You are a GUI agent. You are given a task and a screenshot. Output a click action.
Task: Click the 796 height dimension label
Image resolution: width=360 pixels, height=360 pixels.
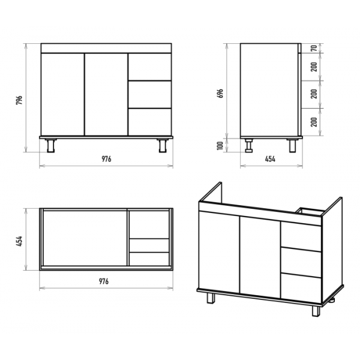tap(19, 100)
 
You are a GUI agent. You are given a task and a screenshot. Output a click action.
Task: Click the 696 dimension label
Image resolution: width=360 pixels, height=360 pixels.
tap(220, 93)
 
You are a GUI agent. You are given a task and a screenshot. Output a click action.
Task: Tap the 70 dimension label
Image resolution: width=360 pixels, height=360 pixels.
tap(314, 48)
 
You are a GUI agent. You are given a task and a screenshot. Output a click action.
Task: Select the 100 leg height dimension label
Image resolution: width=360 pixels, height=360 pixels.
tap(220, 146)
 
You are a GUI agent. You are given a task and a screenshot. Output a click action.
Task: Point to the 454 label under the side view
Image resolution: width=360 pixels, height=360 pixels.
tap(270, 159)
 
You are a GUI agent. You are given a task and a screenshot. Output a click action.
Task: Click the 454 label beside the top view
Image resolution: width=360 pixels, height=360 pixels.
tap(19, 241)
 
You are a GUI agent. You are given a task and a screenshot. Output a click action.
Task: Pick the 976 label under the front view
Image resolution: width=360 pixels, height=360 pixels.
tap(106, 159)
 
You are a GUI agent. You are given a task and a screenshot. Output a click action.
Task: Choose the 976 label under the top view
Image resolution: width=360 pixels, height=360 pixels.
tap(104, 281)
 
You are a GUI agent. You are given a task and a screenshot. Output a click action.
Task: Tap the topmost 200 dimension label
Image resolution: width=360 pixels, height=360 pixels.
tap(314, 67)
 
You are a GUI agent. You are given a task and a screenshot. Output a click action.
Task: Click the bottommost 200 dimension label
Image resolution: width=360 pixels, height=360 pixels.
tap(314, 122)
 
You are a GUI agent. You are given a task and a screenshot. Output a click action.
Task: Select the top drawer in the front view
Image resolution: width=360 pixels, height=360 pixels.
tap(149, 67)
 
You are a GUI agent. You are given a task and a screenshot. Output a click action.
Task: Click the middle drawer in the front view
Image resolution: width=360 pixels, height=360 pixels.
tap(149, 94)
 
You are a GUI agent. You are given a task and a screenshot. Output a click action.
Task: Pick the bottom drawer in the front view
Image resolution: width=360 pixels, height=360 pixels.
tap(149, 122)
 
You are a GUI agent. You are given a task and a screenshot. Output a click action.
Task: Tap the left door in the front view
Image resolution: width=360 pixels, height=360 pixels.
tap(62, 94)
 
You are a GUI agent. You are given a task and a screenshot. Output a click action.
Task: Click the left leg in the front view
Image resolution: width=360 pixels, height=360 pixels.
tap(51, 146)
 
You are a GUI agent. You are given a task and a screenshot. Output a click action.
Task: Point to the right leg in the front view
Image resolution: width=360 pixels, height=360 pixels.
tap(163, 146)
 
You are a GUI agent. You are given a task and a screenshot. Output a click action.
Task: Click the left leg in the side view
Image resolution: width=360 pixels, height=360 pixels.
tap(248, 146)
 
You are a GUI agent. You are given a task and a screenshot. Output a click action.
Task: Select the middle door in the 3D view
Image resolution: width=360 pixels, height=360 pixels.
tap(260, 257)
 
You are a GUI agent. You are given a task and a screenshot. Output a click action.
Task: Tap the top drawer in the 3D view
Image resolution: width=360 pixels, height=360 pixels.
tap(301, 236)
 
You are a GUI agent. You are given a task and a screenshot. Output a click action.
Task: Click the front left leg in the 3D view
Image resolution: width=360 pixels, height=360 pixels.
tap(211, 298)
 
